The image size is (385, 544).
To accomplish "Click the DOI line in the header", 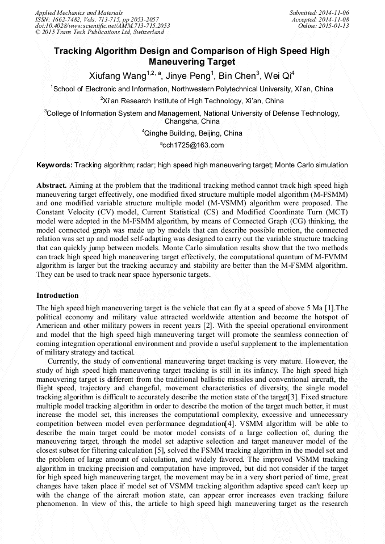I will click(102, 26).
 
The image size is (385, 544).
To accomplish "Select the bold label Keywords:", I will click(55, 165).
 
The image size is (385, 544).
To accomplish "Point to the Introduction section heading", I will click(57, 296).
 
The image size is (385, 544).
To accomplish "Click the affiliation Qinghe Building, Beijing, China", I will click(193, 133).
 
